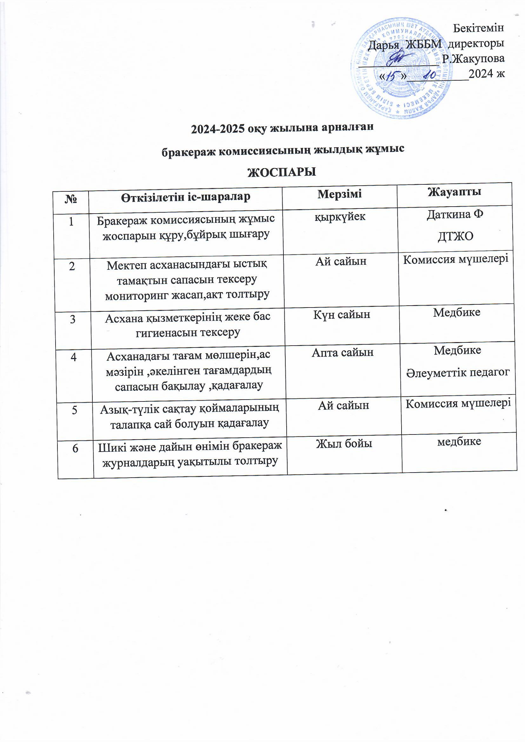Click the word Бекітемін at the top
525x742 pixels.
point(478,28)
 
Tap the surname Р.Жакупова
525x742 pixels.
point(473,58)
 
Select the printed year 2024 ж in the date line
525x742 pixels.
point(486,74)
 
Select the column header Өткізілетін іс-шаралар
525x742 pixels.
point(186,197)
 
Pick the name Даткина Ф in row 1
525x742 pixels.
point(455,215)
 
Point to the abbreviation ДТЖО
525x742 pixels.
point(455,236)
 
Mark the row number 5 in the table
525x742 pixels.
point(75,410)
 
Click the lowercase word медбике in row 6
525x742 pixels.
point(459,441)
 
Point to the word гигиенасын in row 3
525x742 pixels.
point(160,333)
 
